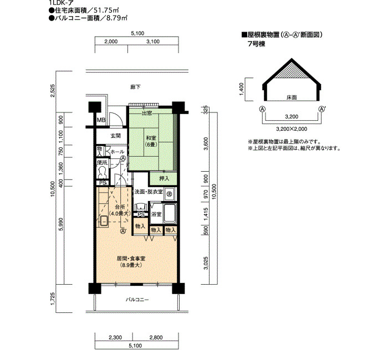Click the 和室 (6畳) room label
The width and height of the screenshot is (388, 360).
(x=151, y=141)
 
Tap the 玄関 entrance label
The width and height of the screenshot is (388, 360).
(x=115, y=136)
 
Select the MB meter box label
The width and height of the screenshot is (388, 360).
(x=101, y=120)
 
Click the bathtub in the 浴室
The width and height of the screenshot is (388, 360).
(x=170, y=213)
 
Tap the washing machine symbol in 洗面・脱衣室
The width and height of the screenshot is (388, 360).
(x=169, y=194)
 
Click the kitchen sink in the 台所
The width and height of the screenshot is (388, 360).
(x=104, y=221)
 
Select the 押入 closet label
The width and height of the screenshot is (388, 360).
(x=164, y=178)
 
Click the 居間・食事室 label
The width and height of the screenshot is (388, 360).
(x=131, y=259)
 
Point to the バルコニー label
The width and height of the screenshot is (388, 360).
(x=137, y=300)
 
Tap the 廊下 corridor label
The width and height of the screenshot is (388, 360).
(x=135, y=87)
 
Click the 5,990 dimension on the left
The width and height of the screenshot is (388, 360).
(x=60, y=224)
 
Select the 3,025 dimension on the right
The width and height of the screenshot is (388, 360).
(x=206, y=263)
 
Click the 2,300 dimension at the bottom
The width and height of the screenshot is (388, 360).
(x=115, y=337)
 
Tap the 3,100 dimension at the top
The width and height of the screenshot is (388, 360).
(x=153, y=42)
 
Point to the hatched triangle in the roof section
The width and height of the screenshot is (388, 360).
(x=292, y=71)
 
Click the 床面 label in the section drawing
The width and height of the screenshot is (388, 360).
(x=292, y=97)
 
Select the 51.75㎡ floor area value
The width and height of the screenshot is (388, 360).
(x=106, y=11)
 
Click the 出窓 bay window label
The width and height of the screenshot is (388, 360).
(x=147, y=114)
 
